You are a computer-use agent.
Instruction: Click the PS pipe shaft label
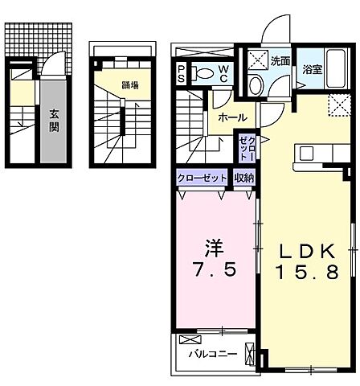(x=182, y=74)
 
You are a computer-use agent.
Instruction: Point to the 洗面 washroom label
(x=281, y=60)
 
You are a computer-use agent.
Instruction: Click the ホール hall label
(x=232, y=117)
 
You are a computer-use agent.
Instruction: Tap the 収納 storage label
(x=245, y=179)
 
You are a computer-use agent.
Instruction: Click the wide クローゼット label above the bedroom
(x=202, y=179)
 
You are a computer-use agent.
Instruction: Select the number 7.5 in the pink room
(x=215, y=270)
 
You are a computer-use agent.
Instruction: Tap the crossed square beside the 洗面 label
(x=257, y=58)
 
